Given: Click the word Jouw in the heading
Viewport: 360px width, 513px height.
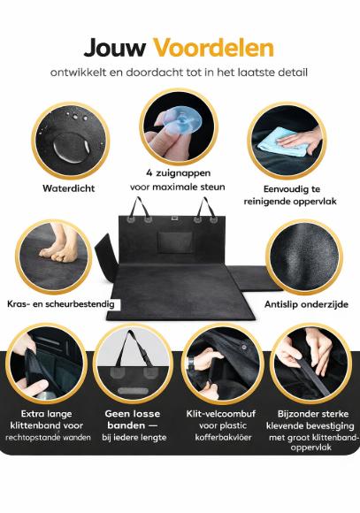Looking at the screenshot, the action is coord(115,48).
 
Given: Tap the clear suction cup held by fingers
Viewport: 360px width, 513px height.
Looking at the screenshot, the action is coord(180,120).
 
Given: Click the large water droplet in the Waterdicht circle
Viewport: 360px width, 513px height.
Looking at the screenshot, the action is coord(70,148).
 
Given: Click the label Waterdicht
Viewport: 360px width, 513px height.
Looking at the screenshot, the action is coord(69,188).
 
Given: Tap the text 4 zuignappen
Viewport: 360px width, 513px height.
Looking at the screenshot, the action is coord(179,172).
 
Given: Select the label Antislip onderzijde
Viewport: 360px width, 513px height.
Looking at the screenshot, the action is coord(306,304).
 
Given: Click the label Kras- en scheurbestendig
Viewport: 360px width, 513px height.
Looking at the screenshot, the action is coord(61,304).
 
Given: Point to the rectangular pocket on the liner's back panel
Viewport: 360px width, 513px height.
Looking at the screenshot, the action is coord(175,242).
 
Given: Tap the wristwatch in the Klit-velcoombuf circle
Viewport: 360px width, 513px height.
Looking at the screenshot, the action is coord(191,363).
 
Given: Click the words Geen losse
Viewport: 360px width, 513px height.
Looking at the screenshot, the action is coord(133,414).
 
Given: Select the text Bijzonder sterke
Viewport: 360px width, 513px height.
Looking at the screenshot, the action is coord(313,414).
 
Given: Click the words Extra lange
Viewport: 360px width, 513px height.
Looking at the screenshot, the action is coord(47,414).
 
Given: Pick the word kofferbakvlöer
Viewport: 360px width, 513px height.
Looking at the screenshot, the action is coord(223,438).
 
